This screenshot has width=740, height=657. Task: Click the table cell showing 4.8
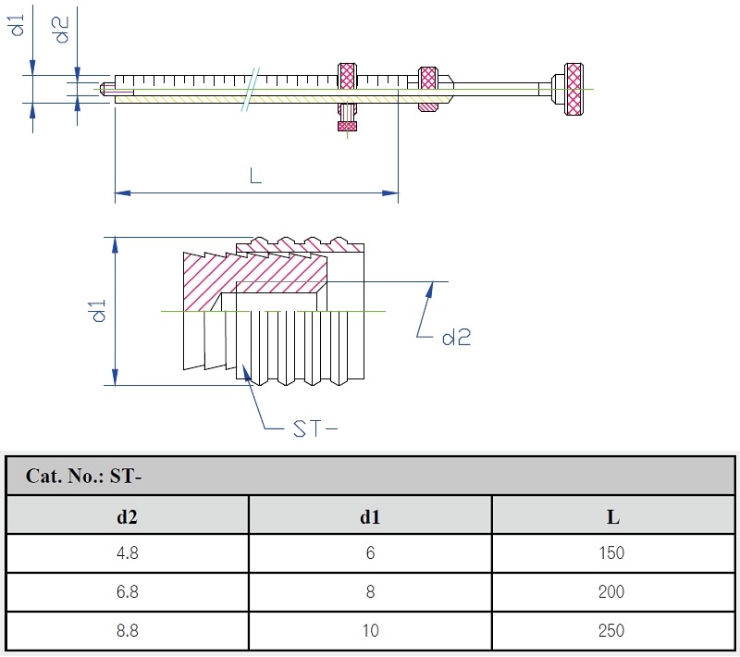click(127, 553)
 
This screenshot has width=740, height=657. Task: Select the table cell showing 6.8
click(127, 592)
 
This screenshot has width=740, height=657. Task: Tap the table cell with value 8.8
click(127, 631)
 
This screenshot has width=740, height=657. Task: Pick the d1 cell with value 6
click(370, 553)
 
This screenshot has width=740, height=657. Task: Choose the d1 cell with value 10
click(370, 631)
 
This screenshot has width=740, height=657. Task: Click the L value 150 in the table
click(611, 553)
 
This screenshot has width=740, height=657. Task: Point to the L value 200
click(611, 592)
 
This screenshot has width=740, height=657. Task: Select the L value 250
click(611, 631)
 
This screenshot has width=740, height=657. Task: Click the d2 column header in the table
click(127, 516)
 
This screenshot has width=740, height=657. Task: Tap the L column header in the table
click(612, 516)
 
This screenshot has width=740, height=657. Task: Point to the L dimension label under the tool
click(256, 175)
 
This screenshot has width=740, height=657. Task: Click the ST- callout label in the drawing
click(315, 428)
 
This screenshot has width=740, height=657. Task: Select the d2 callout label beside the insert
click(456, 338)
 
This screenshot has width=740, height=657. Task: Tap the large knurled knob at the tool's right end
click(573, 89)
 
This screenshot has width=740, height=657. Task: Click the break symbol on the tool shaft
click(250, 88)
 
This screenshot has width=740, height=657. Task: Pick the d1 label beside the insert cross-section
click(100, 311)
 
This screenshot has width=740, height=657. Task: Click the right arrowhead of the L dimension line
click(391, 192)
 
